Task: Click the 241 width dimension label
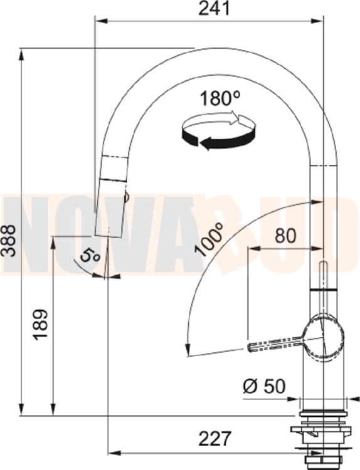click(x=214, y=8)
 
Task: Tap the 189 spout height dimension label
click(x=41, y=324)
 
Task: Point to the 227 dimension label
click(x=215, y=439)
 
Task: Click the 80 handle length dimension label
click(x=285, y=236)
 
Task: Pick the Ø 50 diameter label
click(x=264, y=386)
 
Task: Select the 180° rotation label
click(x=220, y=98)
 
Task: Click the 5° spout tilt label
click(x=90, y=256)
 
